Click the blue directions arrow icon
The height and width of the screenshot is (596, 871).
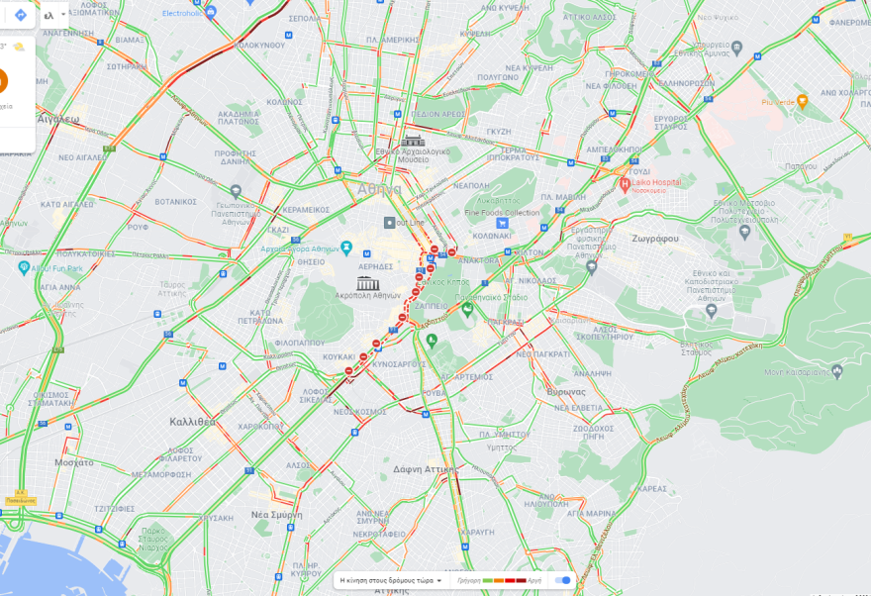click(20, 15)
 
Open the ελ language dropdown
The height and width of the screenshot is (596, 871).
click(54, 15)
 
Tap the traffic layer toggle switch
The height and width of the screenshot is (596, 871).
click(563, 580)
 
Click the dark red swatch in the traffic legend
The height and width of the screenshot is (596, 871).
click(521, 580)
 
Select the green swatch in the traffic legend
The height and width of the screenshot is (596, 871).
click(488, 580)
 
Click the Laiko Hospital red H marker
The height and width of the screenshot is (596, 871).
click(626, 184)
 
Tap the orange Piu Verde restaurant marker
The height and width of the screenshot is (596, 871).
click(802, 101)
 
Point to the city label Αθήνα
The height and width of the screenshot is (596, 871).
click(380, 189)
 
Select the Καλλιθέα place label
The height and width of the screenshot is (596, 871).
click(193, 421)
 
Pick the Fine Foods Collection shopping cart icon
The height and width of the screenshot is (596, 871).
click(503, 224)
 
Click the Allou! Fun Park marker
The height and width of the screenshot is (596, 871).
click(24, 267)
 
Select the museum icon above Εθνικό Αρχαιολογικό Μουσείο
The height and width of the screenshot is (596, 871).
click(413, 141)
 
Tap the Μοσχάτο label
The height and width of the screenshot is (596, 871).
click(74, 462)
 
